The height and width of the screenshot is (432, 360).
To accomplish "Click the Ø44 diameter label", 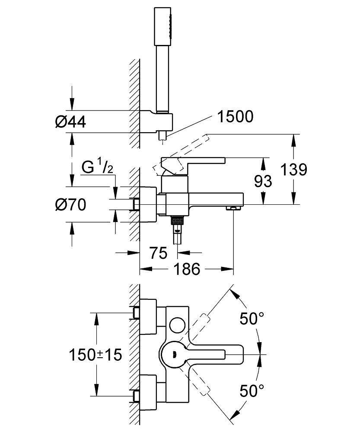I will pos(70,122).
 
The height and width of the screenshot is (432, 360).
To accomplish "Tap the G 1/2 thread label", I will pos(98,168).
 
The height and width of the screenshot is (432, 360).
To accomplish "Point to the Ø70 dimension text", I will pos(70,204).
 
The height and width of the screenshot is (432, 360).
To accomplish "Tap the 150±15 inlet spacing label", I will pos(96,355).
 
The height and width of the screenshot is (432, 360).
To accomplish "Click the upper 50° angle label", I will pos(252,319).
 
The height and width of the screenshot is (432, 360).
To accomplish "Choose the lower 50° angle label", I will pos(252,391).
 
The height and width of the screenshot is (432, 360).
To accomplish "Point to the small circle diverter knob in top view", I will pos(177,324).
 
